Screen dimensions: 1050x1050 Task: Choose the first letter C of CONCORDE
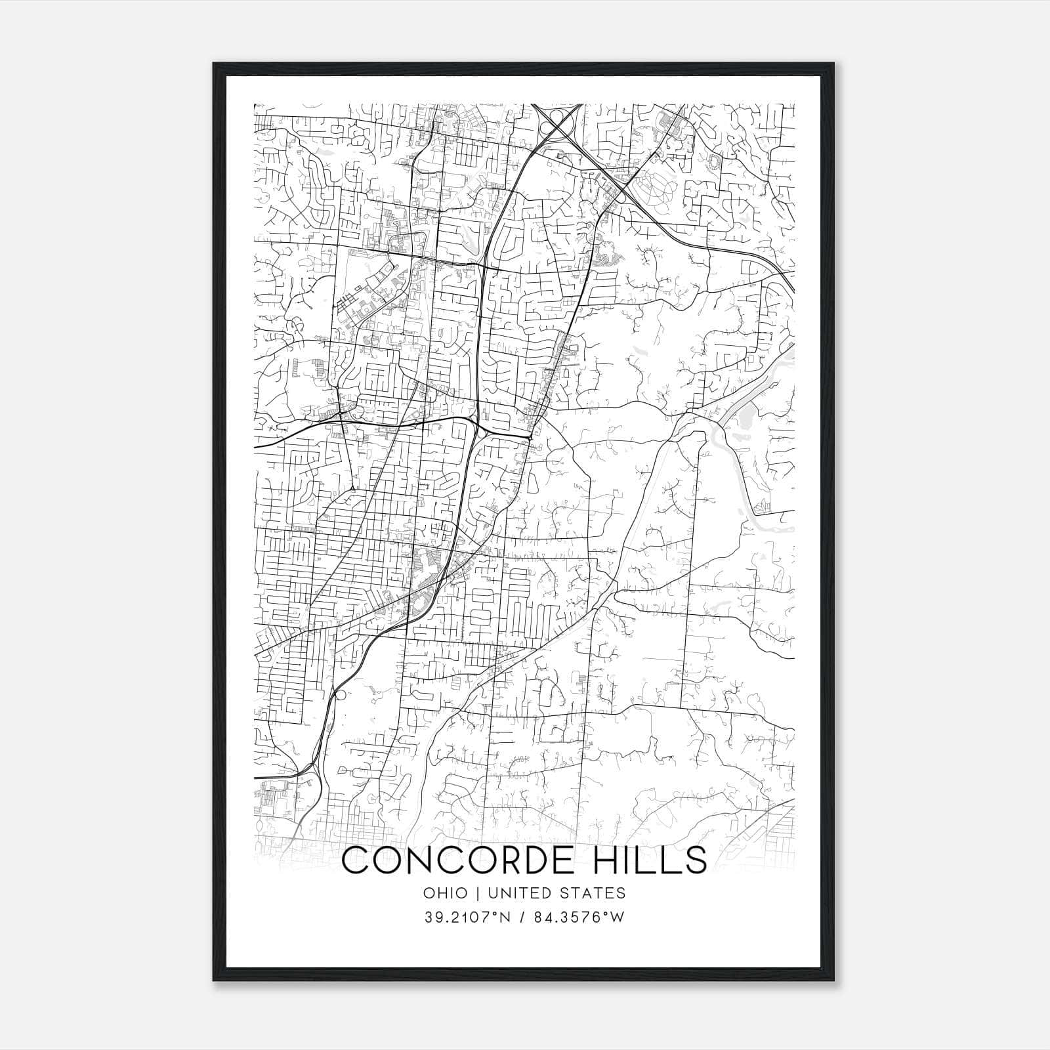(x=356, y=860)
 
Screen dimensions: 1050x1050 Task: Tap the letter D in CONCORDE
(x=530, y=860)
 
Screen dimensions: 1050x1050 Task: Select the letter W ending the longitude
(x=617, y=917)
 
